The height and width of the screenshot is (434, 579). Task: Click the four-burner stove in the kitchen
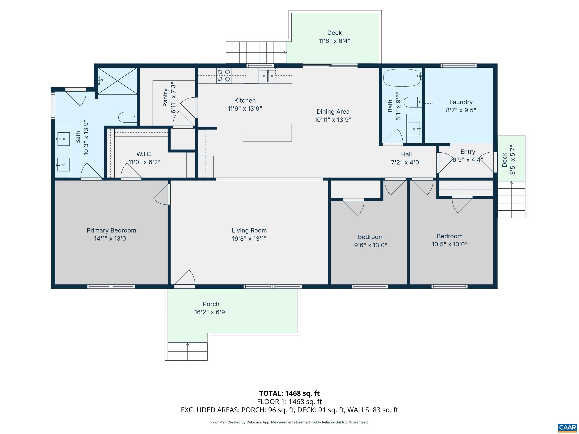click(224, 75)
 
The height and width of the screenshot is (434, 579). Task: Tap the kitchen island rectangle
click(267, 133)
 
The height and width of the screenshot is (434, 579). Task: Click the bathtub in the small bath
click(402, 78)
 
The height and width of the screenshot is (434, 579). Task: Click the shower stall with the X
click(117, 81)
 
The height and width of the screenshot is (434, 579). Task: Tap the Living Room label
click(249, 231)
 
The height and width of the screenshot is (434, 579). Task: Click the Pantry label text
click(165, 98)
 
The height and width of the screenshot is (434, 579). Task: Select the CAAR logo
click(567, 427)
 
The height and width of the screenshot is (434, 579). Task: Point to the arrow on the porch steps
click(187, 344)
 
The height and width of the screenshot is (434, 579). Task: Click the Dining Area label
click(333, 112)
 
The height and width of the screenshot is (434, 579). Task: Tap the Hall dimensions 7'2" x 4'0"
click(406, 162)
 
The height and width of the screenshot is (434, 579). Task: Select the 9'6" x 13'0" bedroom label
click(370, 245)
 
